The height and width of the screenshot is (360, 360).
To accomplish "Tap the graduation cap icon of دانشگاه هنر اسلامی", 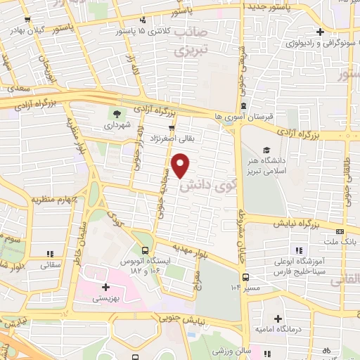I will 267,150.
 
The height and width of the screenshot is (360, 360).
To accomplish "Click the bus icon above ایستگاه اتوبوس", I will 145,251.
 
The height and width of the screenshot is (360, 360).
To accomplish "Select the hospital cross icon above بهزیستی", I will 105,287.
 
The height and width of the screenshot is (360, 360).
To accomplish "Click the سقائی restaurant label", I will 51,265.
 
